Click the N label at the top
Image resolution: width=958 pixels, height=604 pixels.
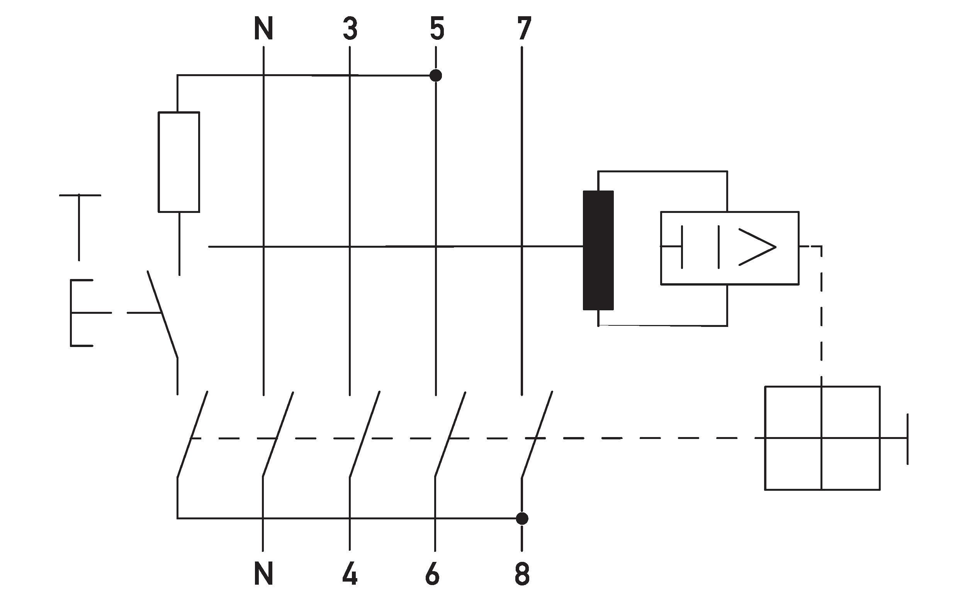click(x=263, y=29)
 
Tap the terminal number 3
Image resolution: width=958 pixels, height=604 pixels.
click(x=350, y=29)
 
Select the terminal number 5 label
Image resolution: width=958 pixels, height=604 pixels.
click(x=437, y=29)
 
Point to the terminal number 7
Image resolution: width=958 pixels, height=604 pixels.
click(x=524, y=29)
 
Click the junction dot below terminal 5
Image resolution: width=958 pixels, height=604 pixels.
click(x=436, y=75)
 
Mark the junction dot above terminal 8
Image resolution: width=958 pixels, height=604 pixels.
click(x=522, y=519)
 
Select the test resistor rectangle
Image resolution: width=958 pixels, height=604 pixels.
click(x=179, y=162)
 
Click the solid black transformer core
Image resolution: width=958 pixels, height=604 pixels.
click(x=598, y=250)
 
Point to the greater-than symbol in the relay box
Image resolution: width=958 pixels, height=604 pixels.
click(x=757, y=247)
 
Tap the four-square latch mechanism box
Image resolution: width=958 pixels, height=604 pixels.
click(x=822, y=438)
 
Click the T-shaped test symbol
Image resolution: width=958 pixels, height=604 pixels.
click(x=80, y=227)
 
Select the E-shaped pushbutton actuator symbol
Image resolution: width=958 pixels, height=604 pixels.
click(x=82, y=313)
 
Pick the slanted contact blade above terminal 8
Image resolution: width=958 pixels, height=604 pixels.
click(x=537, y=434)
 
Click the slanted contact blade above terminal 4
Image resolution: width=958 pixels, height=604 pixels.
click(x=364, y=434)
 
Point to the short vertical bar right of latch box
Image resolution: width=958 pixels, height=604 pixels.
click(x=907, y=439)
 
